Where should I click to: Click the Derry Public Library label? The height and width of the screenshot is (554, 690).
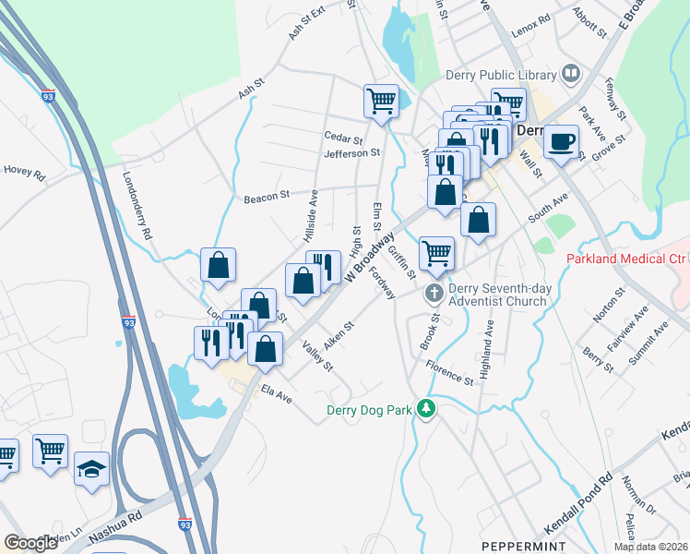tap(501, 75)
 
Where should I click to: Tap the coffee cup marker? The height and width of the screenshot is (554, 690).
tap(562, 141)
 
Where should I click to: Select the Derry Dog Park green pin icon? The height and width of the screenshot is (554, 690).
tap(425, 408)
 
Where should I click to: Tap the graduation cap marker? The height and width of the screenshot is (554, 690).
tap(91, 468)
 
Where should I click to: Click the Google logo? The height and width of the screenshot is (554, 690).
tap(30, 543)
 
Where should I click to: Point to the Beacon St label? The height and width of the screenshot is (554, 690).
tap(268, 197)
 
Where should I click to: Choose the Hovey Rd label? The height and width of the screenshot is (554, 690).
tap(25, 171)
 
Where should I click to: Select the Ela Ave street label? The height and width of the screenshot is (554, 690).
tap(276, 394)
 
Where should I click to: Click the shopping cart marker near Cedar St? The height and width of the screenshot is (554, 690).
tap(381, 102)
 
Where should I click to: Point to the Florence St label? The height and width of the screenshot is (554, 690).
tap(450, 373)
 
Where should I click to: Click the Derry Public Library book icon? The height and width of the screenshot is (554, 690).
tap(571, 74)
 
